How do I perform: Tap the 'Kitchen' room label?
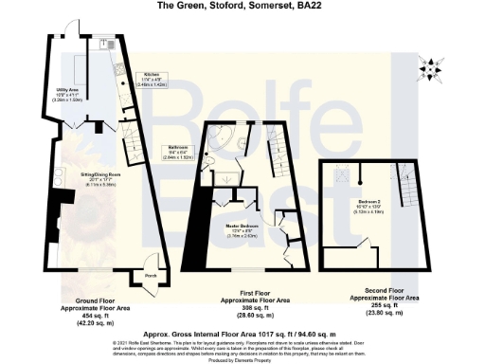pyautogui.click(x=149, y=74)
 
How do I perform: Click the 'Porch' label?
pyautogui.click(x=150, y=278)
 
